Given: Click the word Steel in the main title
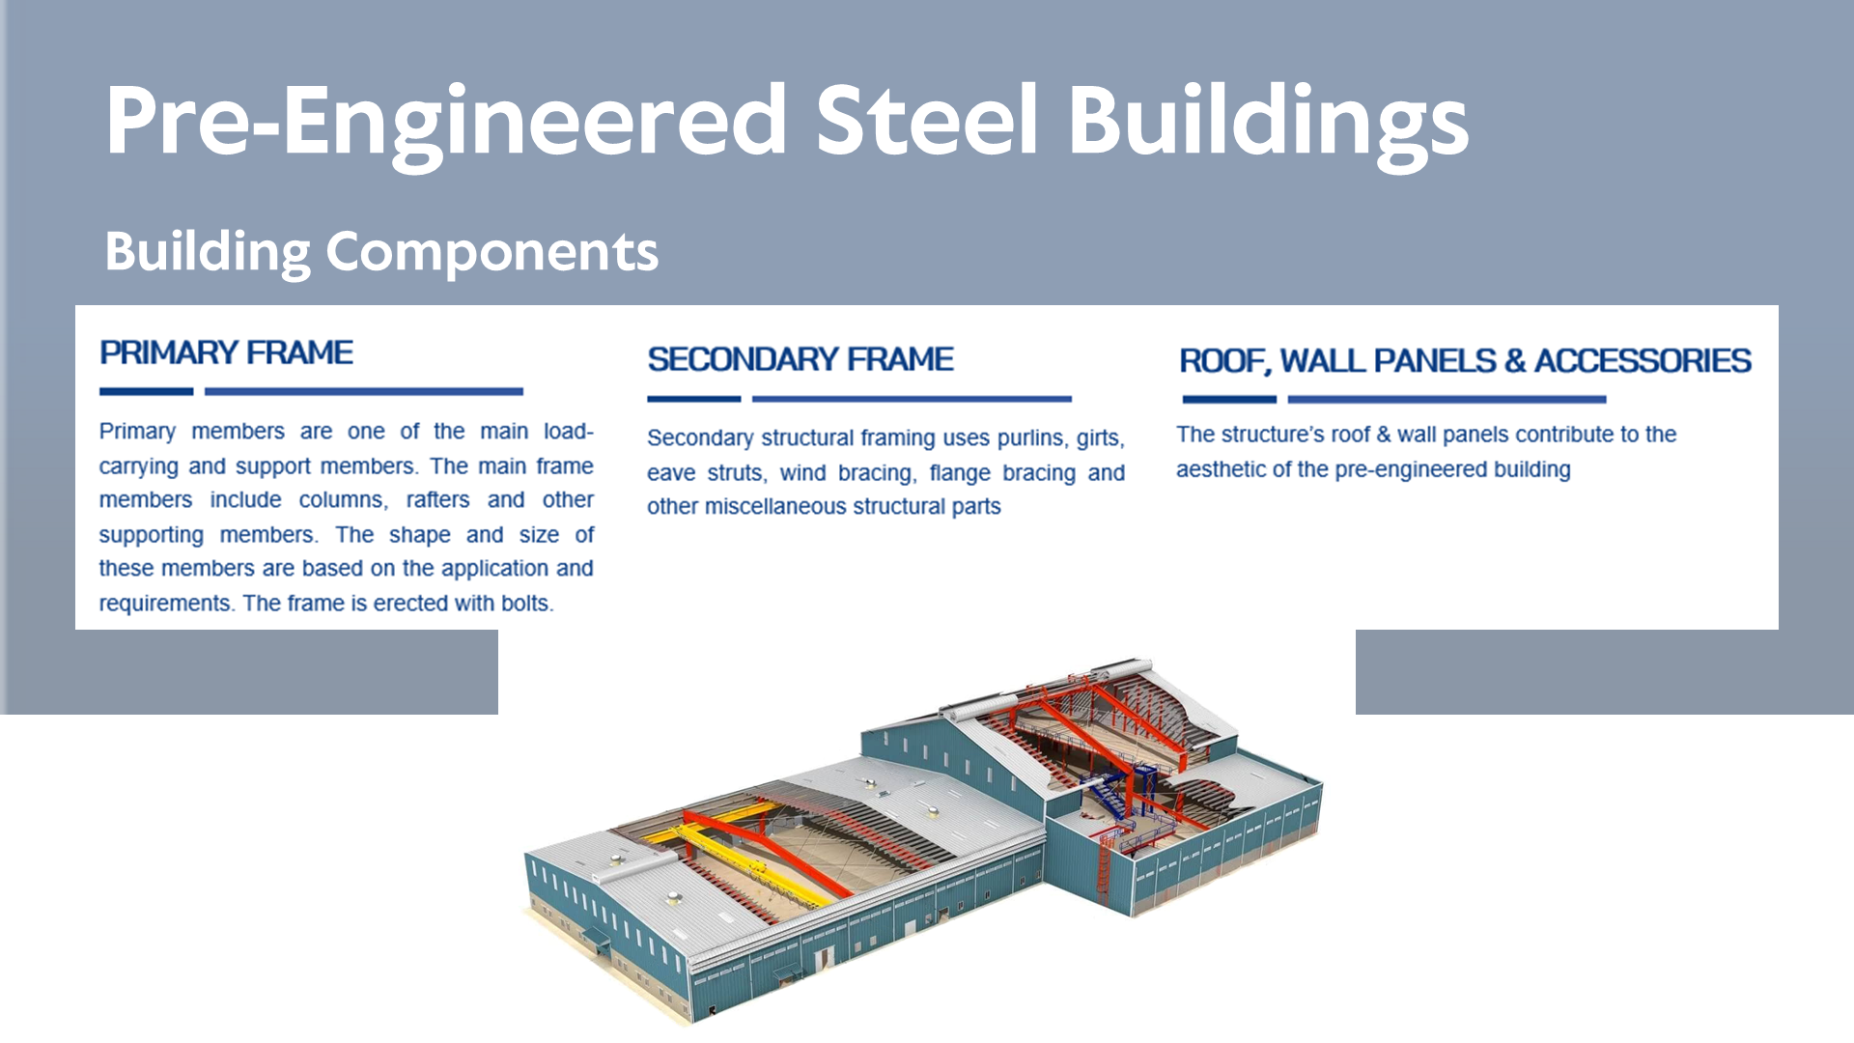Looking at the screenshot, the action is pos(926,120).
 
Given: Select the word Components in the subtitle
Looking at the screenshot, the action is pos(492,254).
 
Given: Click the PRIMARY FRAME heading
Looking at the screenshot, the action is pos(226,352).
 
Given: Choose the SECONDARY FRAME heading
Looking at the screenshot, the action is pos(801,359).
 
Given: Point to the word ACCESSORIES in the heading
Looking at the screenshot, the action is pos(1643,360).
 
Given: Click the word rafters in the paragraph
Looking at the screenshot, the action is pos(437,499).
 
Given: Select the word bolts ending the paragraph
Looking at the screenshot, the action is pos(527,603).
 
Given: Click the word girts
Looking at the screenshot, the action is pos(1101,438).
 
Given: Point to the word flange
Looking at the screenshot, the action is pos(960,473).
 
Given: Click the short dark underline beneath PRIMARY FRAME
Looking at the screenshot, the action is pos(147,392).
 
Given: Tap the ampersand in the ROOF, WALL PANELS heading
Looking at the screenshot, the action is pos(1515,360).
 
